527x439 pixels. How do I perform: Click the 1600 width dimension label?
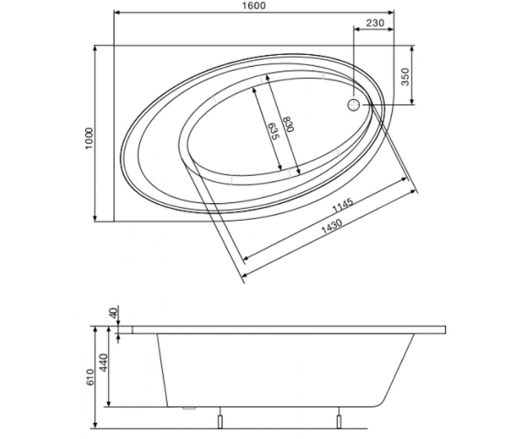point(254,6)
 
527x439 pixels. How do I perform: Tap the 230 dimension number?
point(375,23)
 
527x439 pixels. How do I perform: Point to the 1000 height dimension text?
point(89,139)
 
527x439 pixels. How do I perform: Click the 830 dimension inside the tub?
point(288,124)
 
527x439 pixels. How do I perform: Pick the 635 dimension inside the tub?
point(273,131)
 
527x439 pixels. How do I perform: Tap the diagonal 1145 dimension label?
point(343,205)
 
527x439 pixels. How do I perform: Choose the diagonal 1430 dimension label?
point(332,227)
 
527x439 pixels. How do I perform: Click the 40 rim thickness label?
point(114,313)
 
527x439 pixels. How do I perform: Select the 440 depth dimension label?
point(104,363)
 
